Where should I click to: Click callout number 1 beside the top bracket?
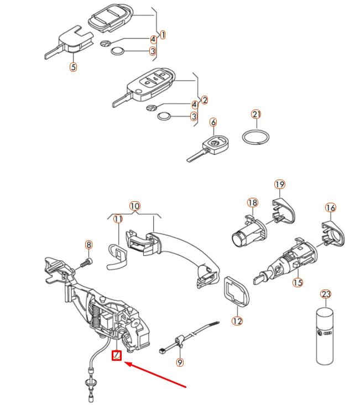click(163, 35)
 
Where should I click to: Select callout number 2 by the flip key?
click(205, 100)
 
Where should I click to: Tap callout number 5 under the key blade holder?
click(74, 67)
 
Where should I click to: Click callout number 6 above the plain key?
click(213, 122)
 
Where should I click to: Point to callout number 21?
click(256, 114)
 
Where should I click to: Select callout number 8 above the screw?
click(88, 245)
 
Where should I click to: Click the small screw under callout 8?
click(86, 263)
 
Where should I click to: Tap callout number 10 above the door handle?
click(134, 206)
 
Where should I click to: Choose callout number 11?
click(118, 219)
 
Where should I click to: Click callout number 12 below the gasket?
click(237, 321)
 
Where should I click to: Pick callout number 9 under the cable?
click(180, 362)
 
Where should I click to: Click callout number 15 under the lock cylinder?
click(298, 282)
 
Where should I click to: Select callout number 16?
click(331, 208)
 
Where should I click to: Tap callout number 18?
click(253, 202)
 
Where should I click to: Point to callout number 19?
click(280, 185)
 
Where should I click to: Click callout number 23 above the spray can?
click(326, 294)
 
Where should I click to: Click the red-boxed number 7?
click(117, 355)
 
